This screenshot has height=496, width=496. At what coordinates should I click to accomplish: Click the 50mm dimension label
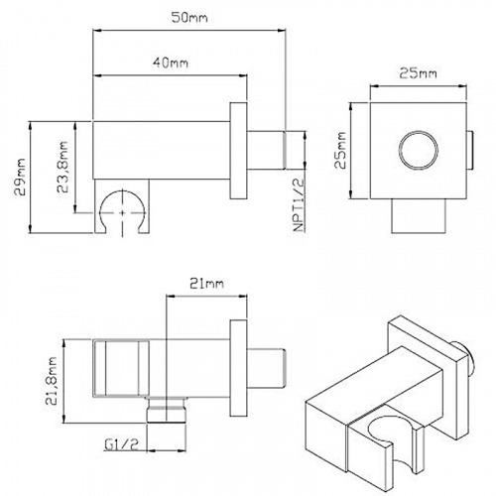(189, 17)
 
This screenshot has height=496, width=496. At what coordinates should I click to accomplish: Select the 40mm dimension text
(171, 62)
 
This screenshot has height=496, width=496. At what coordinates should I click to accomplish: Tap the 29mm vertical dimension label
(21, 177)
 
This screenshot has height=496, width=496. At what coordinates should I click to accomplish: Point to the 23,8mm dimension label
(62, 168)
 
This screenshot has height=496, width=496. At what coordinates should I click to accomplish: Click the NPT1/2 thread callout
(299, 205)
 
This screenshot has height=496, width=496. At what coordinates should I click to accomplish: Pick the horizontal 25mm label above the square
(418, 73)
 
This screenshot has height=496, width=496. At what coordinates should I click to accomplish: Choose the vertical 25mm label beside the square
(340, 151)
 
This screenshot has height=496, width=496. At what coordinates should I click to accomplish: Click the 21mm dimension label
(206, 284)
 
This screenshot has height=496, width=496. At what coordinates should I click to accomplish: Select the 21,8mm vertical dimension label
(52, 381)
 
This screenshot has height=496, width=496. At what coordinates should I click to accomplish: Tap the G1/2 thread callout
(121, 444)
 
